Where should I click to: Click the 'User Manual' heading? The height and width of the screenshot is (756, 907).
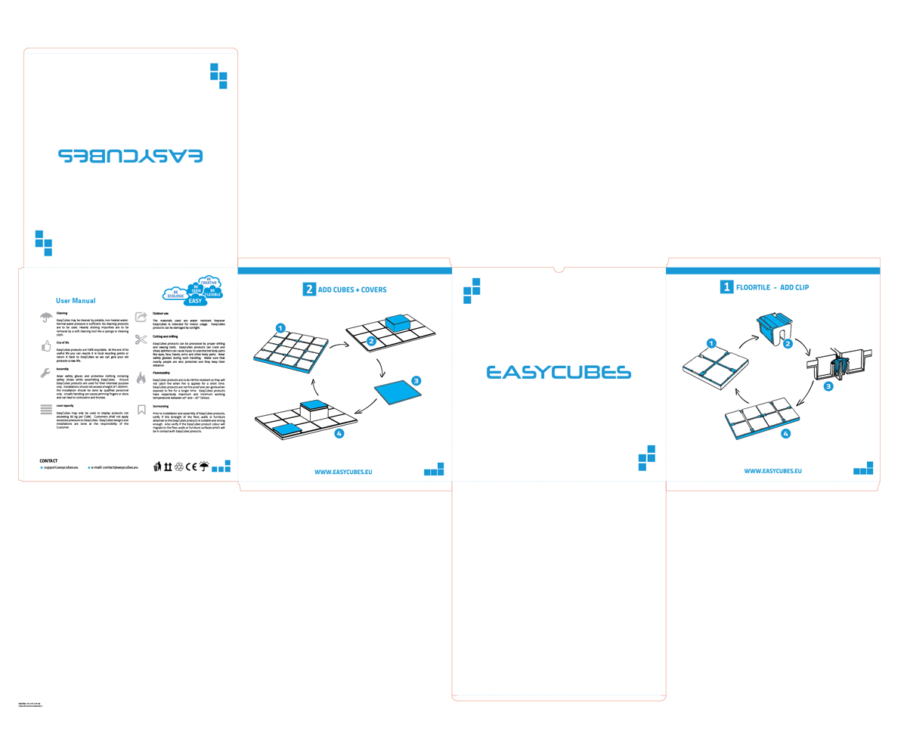[76, 301]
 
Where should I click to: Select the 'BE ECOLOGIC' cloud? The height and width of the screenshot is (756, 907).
[175, 294]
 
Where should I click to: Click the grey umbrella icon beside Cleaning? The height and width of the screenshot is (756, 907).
[46, 318]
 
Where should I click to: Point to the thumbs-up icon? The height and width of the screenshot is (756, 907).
[46, 345]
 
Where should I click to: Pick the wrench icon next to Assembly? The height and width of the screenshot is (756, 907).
[46, 373]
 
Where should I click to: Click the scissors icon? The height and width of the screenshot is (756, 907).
[141, 339]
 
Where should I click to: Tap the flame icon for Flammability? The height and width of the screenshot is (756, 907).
[141, 377]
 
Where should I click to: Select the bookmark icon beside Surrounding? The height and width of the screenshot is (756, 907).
[141, 410]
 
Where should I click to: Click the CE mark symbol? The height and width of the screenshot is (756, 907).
[191, 466]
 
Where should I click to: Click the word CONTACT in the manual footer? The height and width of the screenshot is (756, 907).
[48, 460]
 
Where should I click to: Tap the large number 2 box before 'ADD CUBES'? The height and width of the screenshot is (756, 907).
[309, 289]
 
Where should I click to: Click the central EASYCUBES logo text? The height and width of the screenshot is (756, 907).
[559, 372]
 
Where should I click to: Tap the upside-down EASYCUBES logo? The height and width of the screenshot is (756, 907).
[130, 156]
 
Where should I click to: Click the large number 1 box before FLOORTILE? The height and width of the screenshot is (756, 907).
[727, 287]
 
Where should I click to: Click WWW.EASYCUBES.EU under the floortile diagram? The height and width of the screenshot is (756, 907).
[772, 471]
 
